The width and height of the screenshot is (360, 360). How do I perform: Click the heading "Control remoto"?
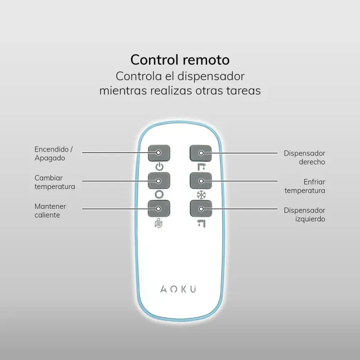pyautogui.click(x=180, y=60)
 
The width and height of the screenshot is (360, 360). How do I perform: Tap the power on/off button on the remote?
pyautogui.click(x=159, y=153)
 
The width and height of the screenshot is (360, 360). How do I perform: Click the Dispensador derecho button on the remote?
pyautogui.click(x=201, y=153)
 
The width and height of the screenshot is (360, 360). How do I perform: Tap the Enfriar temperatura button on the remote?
pyautogui.click(x=201, y=180)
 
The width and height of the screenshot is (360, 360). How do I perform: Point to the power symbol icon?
pyautogui.click(x=159, y=167)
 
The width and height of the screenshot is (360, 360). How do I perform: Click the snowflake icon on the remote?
pyautogui.click(x=201, y=195)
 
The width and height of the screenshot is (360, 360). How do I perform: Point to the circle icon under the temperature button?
pyautogui.click(x=159, y=195)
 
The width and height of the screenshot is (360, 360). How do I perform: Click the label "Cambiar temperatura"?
pyautogui.click(x=54, y=182)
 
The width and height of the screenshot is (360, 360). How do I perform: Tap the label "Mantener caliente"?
pyautogui.click(x=50, y=210)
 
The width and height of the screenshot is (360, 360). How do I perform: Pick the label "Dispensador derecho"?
pyautogui.click(x=304, y=157)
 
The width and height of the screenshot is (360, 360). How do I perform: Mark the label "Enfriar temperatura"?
pyautogui.click(x=304, y=186)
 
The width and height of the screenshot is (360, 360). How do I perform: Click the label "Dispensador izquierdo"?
pyautogui.click(x=304, y=214)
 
